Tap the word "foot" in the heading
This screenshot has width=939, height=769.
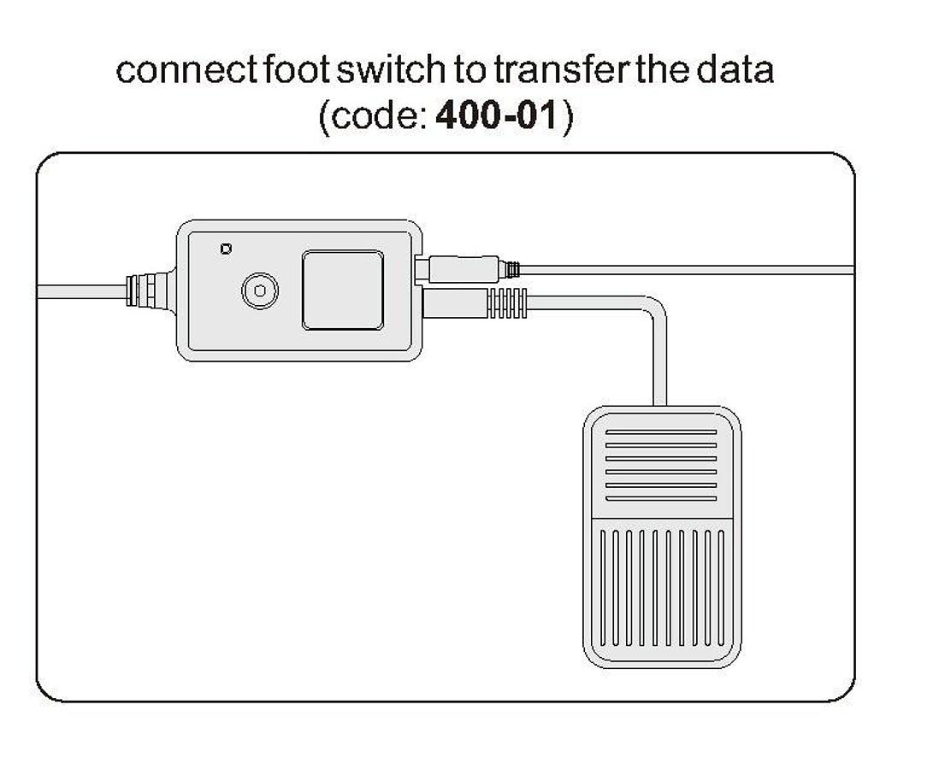click(x=281, y=70)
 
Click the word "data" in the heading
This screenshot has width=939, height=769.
click(x=735, y=70)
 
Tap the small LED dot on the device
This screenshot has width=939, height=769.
click(x=226, y=249)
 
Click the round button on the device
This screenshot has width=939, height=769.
click(x=258, y=291)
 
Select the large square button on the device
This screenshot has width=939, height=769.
click(x=342, y=291)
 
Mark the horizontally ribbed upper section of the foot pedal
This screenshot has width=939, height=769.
click(x=661, y=466)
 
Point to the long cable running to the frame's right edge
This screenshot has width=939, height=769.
click(x=684, y=269)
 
